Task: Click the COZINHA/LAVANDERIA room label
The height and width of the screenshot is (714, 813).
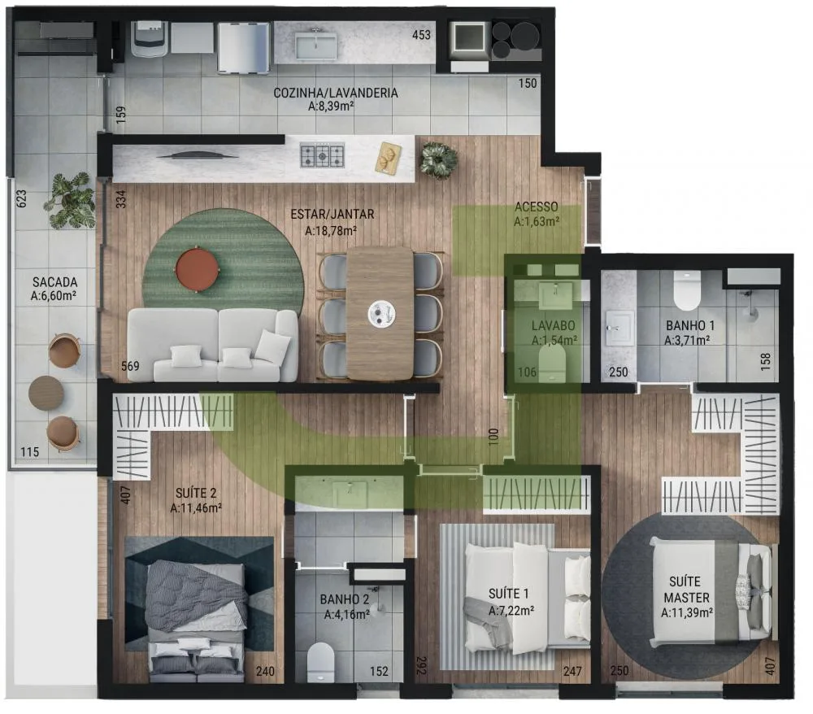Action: click(x=336, y=93)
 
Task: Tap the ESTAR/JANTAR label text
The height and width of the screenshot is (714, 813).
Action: click(x=333, y=214)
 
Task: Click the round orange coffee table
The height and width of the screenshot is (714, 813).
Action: click(x=198, y=269)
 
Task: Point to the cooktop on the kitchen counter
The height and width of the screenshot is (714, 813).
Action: click(x=323, y=155)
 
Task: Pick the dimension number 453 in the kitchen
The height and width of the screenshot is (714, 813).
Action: click(x=421, y=35)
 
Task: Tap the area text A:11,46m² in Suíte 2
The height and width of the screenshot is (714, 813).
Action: click(x=196, y=508)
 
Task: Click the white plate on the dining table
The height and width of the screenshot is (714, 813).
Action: click(x=380, y=313)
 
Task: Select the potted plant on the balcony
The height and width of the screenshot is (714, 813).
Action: click(x=71, y=199)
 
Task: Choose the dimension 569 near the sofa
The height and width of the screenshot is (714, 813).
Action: click(x=130, y=366)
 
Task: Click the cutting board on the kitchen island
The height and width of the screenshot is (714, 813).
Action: click(x=389, y=156)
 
